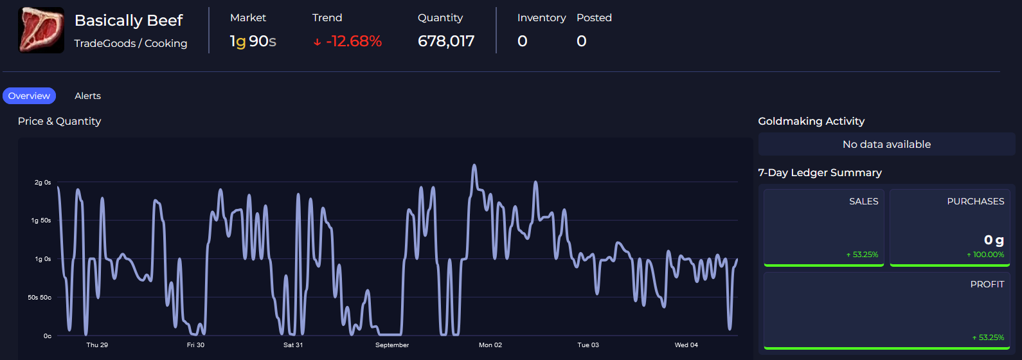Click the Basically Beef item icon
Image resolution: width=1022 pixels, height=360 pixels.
[41, 30]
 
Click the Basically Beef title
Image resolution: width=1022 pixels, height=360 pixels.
[129, 21]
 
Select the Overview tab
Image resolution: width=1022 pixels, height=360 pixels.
[29, 96]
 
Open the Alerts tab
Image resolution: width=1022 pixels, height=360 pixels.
[87, 96]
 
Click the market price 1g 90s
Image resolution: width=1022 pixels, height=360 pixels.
[253, 41]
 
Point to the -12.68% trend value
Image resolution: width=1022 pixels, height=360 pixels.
[353, 41]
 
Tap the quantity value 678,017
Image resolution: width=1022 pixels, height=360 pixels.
[446, 41]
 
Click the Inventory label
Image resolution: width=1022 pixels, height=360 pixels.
[541, 18]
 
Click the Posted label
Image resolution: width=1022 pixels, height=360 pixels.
[594, 18]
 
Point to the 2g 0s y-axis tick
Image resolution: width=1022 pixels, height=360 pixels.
[42, 183]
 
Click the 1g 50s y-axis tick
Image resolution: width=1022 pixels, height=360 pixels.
[41, 221]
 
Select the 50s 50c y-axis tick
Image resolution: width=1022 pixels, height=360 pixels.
[39, 298]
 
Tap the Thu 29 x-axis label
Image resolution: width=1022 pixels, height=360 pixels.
[97, 345]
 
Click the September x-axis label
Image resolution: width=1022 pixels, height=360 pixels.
[392, 345]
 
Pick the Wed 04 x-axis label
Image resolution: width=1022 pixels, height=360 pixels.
[686, 345]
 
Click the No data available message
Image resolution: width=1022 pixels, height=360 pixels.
[886, 145]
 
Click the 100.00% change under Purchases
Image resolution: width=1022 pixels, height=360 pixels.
[988, 255]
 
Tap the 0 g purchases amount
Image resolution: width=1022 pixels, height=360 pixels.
[994, 240]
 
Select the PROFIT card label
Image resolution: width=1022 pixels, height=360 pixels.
[987, 284]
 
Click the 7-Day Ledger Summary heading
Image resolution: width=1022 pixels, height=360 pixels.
[820, 172]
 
